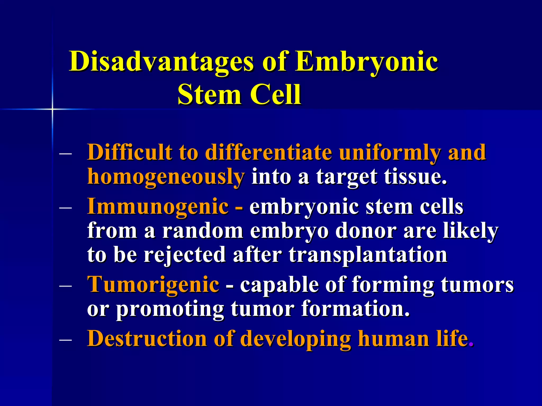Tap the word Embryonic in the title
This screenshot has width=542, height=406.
(x=366, y=61)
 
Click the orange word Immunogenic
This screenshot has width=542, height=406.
(x=158, y=206)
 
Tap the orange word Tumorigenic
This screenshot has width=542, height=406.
(x=153, y=284)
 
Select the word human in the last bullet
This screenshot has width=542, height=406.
(x=393, y=338)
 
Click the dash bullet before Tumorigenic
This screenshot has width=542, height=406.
(x=66, y=286)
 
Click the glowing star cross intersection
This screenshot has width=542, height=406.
(x=52, y=109)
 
